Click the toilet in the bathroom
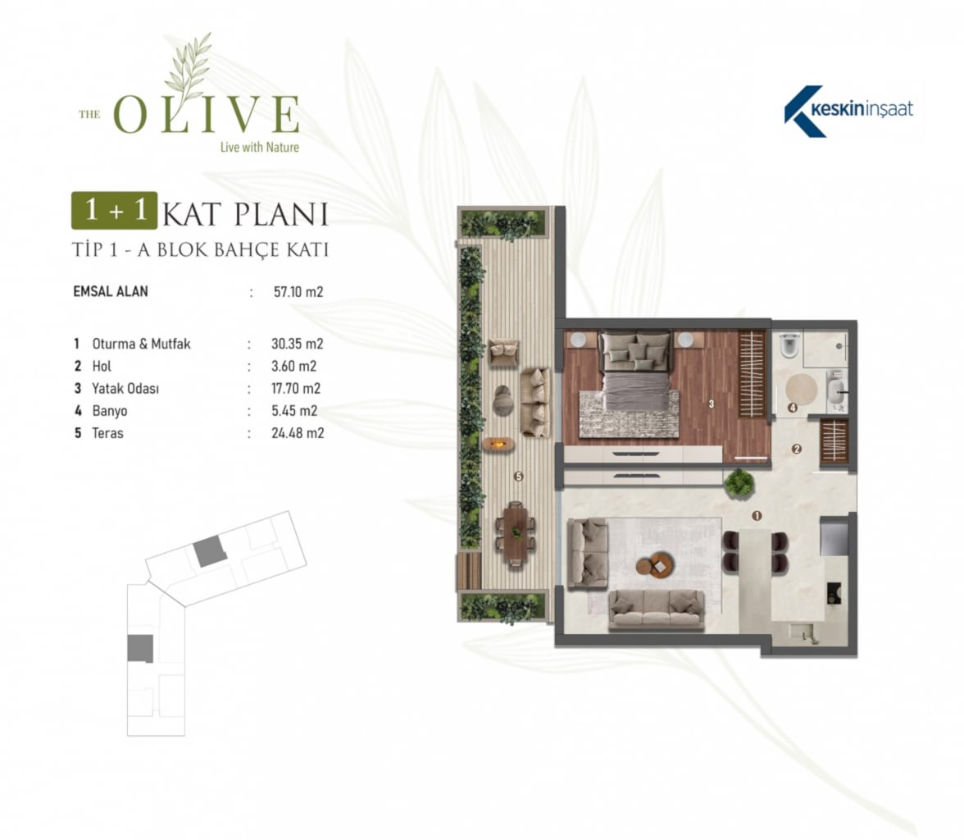pyautogui.click(x=790, y=346)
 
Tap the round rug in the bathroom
pyautogui.click(x=802, y=390)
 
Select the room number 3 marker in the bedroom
pyautogui.click(x=712, y=404)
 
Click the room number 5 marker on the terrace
pyautogui.click(x=518, y=477)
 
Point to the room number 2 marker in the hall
pyautogui.click(x=797, y=450)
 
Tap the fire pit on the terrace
pyautogui.click(x=498, y=443)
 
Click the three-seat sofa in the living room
pyautogui.click(x=656, y=609)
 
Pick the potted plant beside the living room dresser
pyautogui.click(x=739, y=483)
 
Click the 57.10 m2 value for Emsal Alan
pyautogui.click(x=298, y=292)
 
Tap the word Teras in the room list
pyautogui.click(x=107, y=433)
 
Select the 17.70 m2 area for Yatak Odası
pyautogui.click(x=296, y=388)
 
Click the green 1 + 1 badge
pyautogui.click(x=115, y=211)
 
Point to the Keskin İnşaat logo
pyautogui.click(x=848, y=111)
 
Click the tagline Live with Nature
pyautogui.click(x=259, y=147)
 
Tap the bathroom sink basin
pyautogui.click(x=836, y=390)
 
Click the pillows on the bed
pyautogui.click(x=635, y=352)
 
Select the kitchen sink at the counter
pyautogui.click(x=803, y=632)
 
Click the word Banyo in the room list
pyautogui.click(x=110, y=411)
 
